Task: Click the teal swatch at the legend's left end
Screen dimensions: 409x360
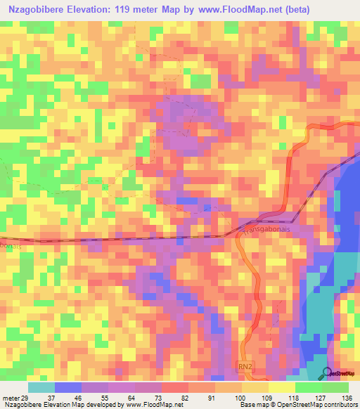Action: pyautogui.click(x=41, y=387)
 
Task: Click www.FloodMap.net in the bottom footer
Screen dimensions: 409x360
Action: pyautogui.click(x=148, y=405)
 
